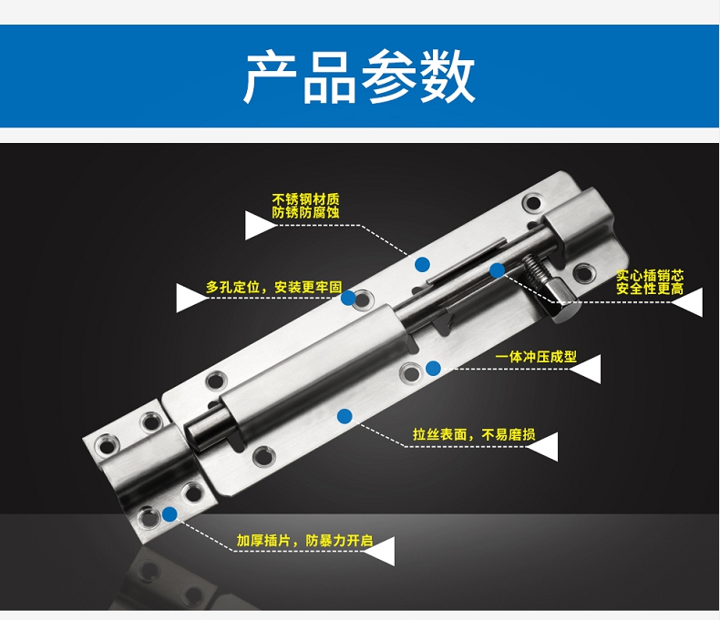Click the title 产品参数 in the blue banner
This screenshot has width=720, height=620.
coord(359,76)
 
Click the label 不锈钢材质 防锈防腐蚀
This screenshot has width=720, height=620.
coord(305,206)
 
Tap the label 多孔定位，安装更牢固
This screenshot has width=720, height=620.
coord(273,288)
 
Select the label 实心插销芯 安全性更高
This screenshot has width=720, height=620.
coord(650,282)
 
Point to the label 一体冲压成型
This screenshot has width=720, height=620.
coord(535,357)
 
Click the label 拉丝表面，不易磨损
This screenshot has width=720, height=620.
coord(474,434)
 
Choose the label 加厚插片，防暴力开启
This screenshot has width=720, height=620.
coord(304,540)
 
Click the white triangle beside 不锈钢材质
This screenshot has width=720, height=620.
coord(259,225)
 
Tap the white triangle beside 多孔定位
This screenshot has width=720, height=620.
coord(190,298)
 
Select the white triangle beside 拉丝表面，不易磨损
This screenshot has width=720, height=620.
coord(544,447)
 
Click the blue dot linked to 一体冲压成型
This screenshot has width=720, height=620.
coord(434,368)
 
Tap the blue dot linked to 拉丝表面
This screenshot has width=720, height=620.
coord(345,416)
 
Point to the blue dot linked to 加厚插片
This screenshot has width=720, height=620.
coord(170,514)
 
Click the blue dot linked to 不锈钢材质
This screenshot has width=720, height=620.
coord(423,264)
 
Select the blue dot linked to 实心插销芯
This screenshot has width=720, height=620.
coord(498,270)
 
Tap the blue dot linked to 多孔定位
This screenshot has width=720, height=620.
coord(348,298)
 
